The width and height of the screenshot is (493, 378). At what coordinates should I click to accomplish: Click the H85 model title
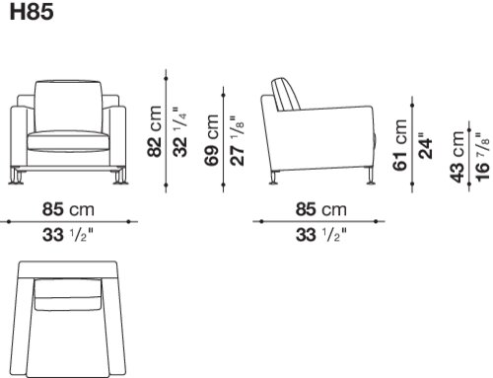coord(32,12)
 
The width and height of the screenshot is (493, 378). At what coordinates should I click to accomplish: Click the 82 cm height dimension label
coord(155,131)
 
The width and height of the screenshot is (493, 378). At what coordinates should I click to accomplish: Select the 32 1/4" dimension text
coord(180,131)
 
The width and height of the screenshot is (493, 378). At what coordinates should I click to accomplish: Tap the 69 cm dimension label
coord(211,140)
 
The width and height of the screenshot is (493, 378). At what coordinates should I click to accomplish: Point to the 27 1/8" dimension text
coord(238,140)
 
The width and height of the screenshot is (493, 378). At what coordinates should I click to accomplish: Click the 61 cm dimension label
coord(400,145)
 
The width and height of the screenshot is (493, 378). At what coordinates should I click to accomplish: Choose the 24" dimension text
coord(426,146)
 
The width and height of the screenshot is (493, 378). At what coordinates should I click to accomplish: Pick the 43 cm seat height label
coord(458,156)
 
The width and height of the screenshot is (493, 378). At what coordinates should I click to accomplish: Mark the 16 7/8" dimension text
coord(483,157)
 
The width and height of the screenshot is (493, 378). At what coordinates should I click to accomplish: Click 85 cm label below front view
coord(68,209)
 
